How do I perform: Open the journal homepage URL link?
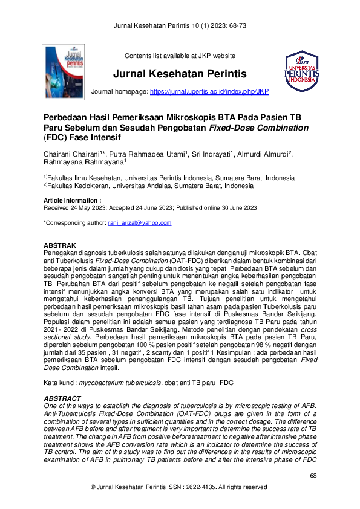209,91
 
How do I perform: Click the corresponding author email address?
139,223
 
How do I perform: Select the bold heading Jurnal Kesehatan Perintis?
180,74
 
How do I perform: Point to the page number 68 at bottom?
313,476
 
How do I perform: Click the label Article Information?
72,199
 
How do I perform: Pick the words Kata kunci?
59,383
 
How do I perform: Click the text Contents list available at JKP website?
180,56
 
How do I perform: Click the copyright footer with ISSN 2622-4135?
180,487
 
